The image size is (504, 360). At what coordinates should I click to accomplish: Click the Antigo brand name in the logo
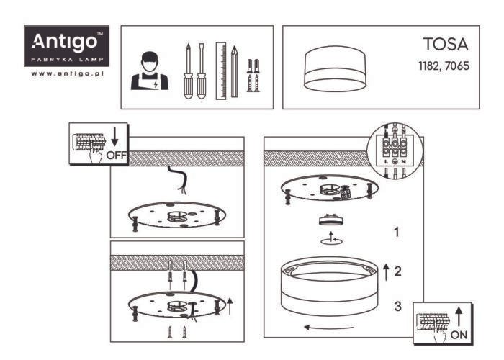[x=64, y=42]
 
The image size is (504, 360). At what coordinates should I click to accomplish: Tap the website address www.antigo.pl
[x=67, y=73]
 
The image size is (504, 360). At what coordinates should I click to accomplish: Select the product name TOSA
[x=446, y=44]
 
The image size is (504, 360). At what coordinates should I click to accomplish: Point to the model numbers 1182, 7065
[x=444, y=66]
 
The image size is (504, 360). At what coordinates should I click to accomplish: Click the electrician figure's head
[x=150, y=62]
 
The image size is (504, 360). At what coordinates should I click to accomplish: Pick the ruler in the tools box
[x=221, y=71]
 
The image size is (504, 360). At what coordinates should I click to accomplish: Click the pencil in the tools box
[x=235, y=71]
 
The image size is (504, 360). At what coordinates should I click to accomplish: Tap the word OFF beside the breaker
[x=117, y=156]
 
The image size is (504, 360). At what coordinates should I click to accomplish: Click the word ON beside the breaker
[x=459, y=335]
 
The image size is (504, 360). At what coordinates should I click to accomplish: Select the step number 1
[x=397, y=232]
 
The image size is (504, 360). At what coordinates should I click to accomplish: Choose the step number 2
[x=397, y=271]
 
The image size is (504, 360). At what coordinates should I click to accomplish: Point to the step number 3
[x=398, y=306]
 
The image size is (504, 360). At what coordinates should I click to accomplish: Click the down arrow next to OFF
[x=114, y=137]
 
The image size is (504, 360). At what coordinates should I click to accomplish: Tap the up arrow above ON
[x=459, y=317]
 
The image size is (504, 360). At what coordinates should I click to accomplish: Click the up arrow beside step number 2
[x=386, y=272]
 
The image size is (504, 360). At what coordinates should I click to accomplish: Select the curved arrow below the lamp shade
[x=328, y=328]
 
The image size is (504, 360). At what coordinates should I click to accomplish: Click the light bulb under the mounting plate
[x=330, y=220]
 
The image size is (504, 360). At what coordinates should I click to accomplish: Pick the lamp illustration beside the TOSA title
[x=336, y=69]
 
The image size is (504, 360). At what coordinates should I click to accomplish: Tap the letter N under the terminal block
[x=404, y=162]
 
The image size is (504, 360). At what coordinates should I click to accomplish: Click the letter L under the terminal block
[x=387, y=162]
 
